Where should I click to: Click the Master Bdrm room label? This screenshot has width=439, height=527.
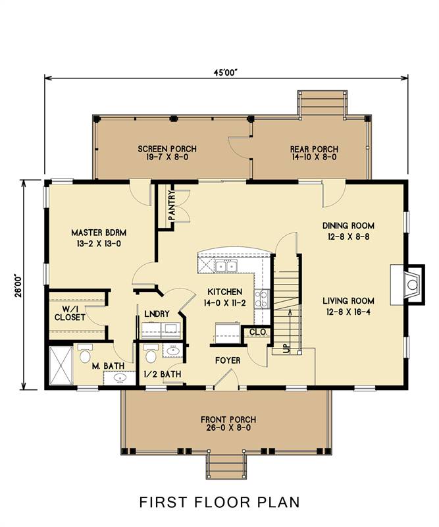(99, 233)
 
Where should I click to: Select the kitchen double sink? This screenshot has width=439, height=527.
(226, 266)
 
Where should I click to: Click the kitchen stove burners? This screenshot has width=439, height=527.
(262, 299)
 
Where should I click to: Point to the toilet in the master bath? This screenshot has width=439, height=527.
(85, 354)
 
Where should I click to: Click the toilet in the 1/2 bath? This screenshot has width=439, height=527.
(151, 354)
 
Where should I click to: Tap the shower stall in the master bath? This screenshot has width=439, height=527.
(61, 366)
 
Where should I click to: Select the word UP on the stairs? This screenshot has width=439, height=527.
(286, 349)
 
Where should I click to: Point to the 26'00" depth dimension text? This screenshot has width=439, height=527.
(18, 286)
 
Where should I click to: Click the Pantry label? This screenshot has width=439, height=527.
(172, 206)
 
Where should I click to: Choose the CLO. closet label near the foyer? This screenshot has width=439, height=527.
(258, 332)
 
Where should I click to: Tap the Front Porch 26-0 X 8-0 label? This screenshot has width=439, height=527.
(228, 424)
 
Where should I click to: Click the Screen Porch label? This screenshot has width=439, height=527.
(167, 149)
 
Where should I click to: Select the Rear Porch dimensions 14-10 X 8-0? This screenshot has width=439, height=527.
(314, 157)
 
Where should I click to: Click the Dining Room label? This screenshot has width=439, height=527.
(348, 225)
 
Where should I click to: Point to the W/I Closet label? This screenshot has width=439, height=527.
(70, 313)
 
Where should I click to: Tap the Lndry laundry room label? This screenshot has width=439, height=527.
(157, 314)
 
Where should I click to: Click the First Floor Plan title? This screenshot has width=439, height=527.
(220, 502)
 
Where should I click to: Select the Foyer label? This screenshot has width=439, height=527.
(228, 360)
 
